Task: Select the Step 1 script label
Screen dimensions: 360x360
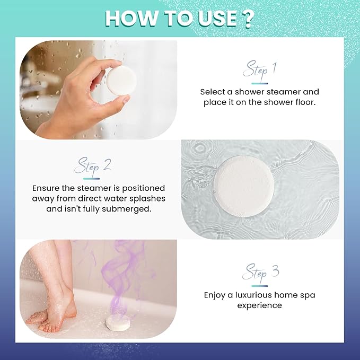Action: pyautogui.click(x=259, y=69)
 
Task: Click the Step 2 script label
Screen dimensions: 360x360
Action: pyautogui.click(x=93, y=166)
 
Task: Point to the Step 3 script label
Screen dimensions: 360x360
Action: pyautogui.click(x=260, y=273)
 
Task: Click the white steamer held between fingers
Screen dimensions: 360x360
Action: pyautogui.click(x=121, y=81)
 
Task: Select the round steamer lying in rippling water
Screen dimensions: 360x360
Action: pyautogui.click(x=243, y=186)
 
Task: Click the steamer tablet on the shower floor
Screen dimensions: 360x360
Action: pyautogui.click(x=118, y=323)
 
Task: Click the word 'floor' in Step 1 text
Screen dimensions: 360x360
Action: pyautogui.click(x=305, y=102)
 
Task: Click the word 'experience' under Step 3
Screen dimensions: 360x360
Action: pyautogui.click(x=259, y=306)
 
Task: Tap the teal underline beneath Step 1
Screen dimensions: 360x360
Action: pyautogui.click(x=260, y=84)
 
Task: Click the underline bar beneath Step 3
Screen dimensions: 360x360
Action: pyautogui.click(x=260, y=286)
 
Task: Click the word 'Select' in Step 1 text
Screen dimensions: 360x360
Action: pyautogui.click(x=213, y=92)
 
